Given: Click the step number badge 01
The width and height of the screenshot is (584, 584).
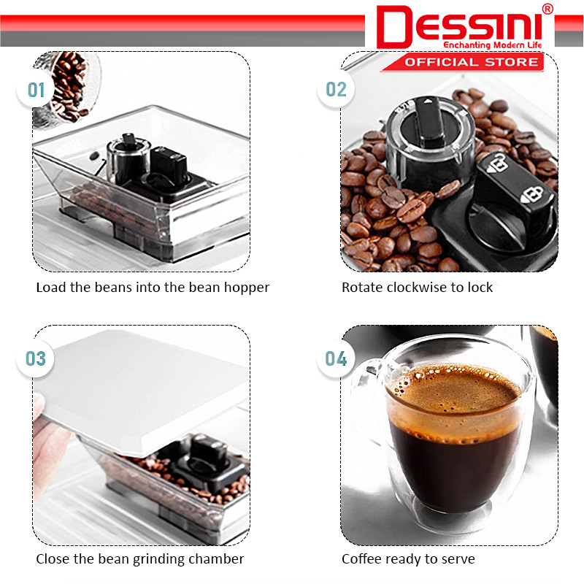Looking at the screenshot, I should tap(36, 91).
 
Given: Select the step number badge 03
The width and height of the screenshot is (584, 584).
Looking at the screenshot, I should tap(36, 359).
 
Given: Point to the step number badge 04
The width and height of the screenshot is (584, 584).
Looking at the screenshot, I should tap(337, 359).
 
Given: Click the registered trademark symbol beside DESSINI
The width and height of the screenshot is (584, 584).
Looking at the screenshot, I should tap(548, 9).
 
